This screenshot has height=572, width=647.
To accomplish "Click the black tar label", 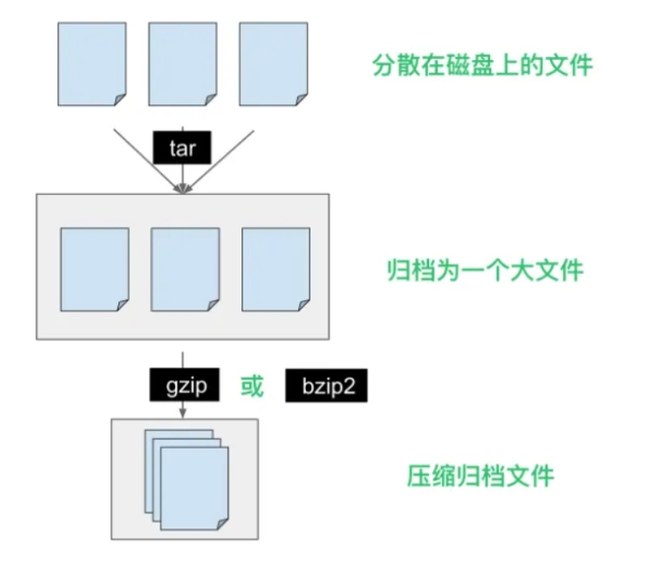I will point(181,147).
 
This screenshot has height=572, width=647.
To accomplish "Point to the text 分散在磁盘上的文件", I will point(482,65).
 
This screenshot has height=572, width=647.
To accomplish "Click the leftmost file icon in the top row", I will point(91,63).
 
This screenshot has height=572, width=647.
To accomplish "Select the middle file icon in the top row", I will point(182,63).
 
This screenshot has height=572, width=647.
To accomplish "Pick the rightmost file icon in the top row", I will point(272,63).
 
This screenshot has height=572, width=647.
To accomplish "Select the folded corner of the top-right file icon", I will point(300,100).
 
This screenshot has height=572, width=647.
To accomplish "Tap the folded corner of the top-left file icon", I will point(119,100).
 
